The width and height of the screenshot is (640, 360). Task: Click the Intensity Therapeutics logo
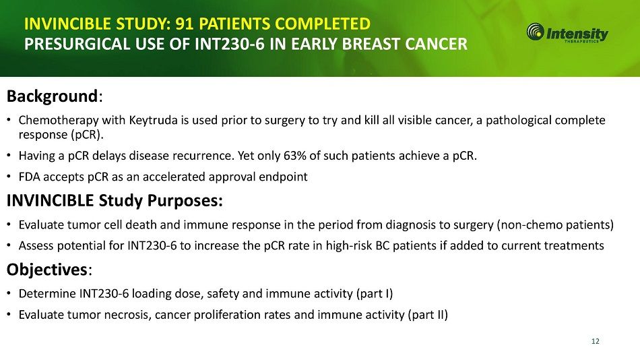(567, 32)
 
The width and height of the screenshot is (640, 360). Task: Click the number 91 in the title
(185, 24)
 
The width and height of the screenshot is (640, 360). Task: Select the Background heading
(53, 96)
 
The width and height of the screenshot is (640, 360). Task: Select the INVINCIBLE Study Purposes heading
(115, 201)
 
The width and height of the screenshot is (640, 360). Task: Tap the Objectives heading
(47, 270)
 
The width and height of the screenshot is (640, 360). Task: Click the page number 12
(595, 341)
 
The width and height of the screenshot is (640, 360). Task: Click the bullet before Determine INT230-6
(9, 294)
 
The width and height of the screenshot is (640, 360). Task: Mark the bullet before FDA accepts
(9, 177)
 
